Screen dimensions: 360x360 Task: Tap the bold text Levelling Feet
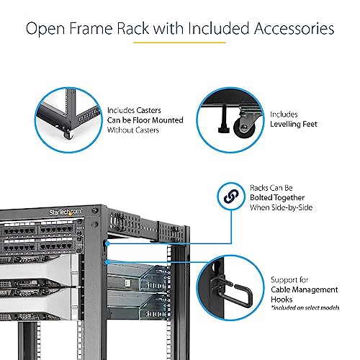pos(294,124)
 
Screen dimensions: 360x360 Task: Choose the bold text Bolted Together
pos(277,197)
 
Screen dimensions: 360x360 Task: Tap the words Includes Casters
pos(133,109)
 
